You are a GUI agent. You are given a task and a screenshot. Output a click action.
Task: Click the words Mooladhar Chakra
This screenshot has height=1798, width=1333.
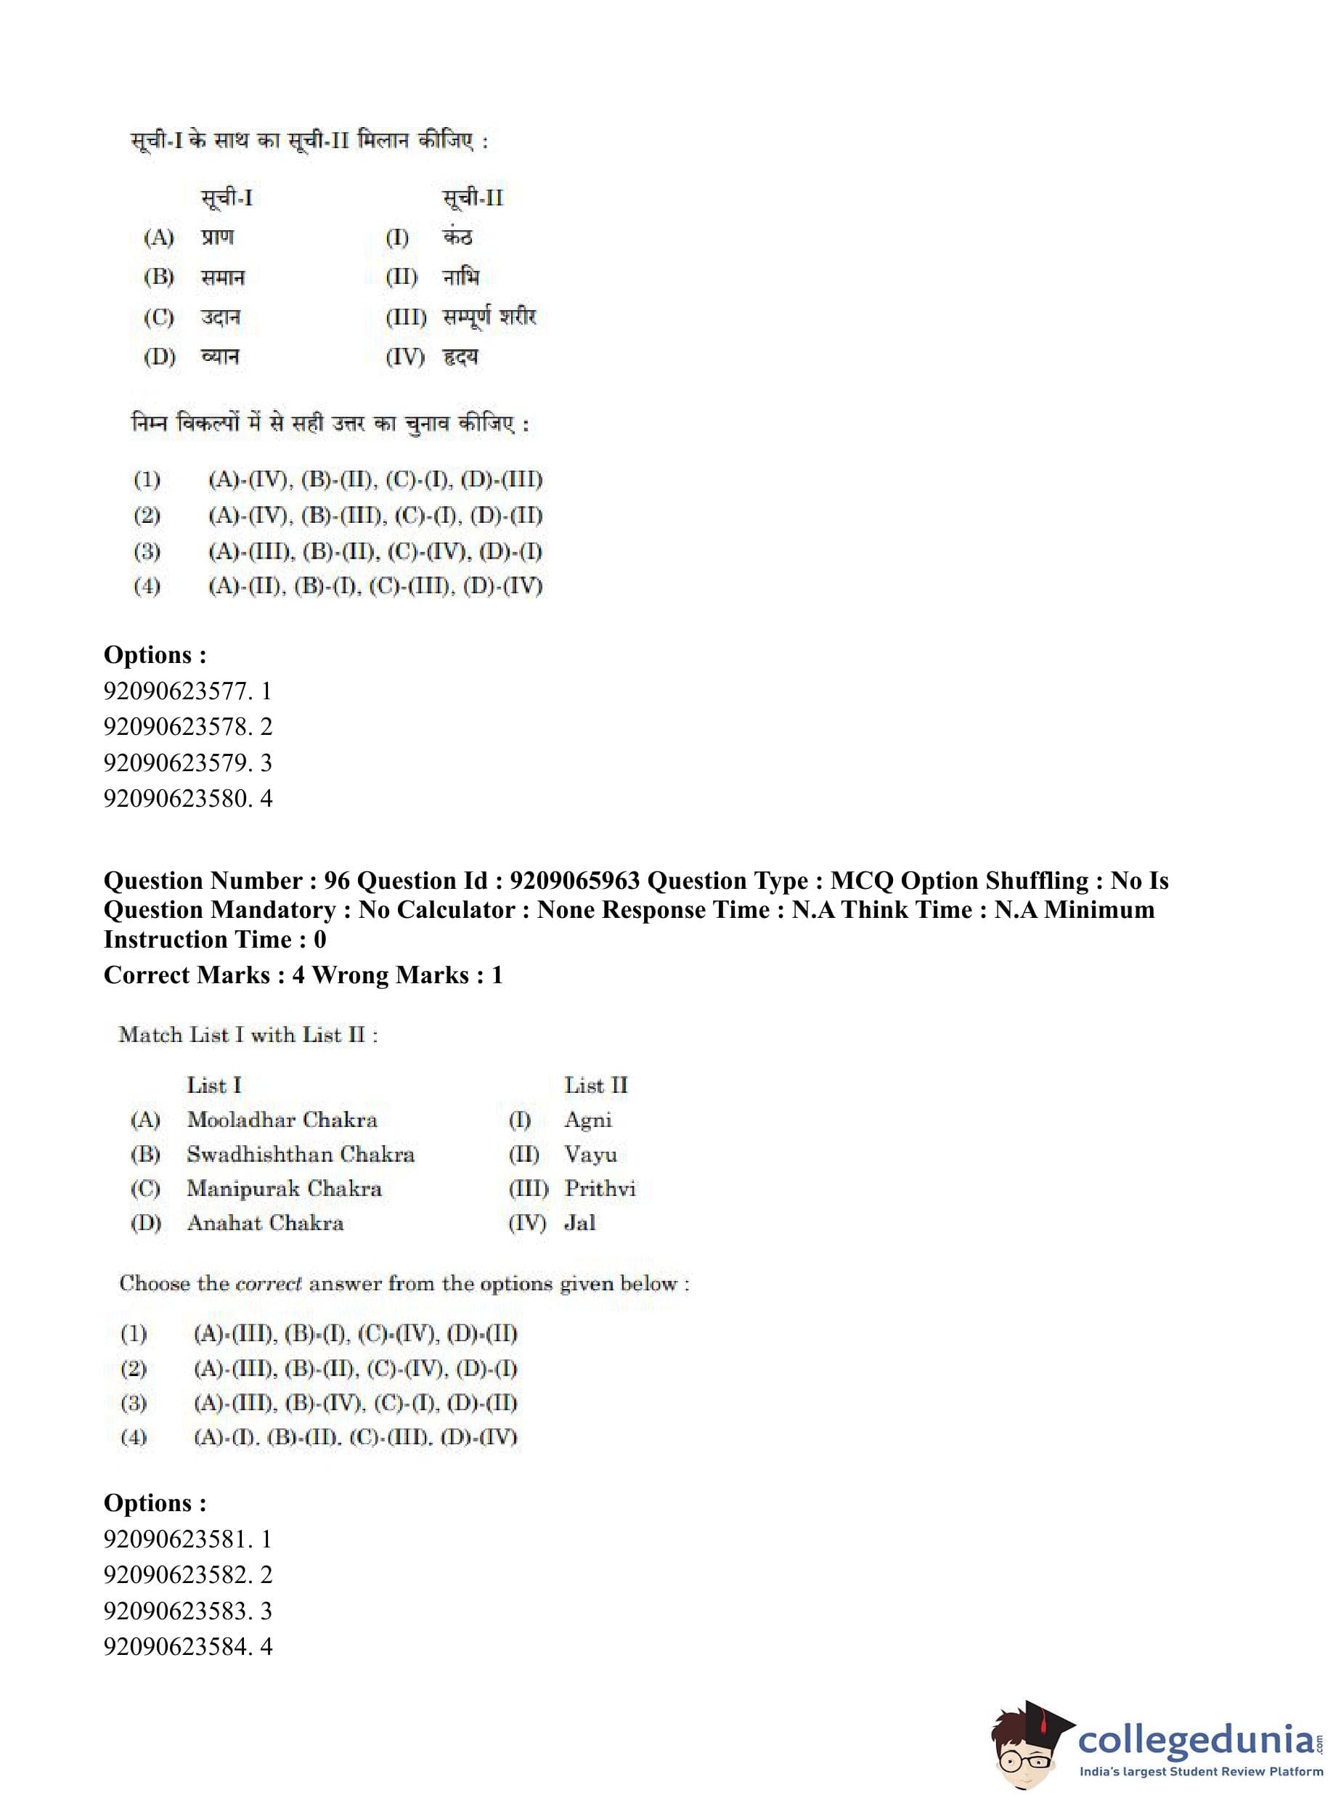[x=282, y=1119]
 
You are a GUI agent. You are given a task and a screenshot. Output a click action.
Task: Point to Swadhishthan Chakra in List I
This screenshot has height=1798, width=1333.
[x=300, y=1154]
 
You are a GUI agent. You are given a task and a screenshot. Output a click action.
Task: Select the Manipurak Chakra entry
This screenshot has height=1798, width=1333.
[x=284, y=1188]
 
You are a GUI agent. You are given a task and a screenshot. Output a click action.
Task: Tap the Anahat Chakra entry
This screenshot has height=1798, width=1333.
[x=265, y=1223]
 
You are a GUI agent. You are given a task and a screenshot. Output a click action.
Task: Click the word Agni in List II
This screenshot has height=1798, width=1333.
[x=587, y=1120]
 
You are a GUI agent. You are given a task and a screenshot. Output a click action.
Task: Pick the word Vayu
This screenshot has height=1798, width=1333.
[x=590, y=1155]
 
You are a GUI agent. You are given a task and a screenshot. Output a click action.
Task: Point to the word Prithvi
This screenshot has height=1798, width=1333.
[x=600, y=1189]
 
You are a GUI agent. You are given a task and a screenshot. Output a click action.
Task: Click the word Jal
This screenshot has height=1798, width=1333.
[x=579, y=1223]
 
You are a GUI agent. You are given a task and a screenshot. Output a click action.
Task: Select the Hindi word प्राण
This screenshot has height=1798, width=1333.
[x=217, y=237]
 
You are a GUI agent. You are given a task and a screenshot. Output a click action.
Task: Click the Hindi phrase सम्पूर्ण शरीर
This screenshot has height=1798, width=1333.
[x=489, y=317]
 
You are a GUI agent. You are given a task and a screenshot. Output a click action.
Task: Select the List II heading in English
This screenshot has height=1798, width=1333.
[x=595, y=1086]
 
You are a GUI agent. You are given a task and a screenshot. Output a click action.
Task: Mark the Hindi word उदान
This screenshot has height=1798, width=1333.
[x=220, y=317]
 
